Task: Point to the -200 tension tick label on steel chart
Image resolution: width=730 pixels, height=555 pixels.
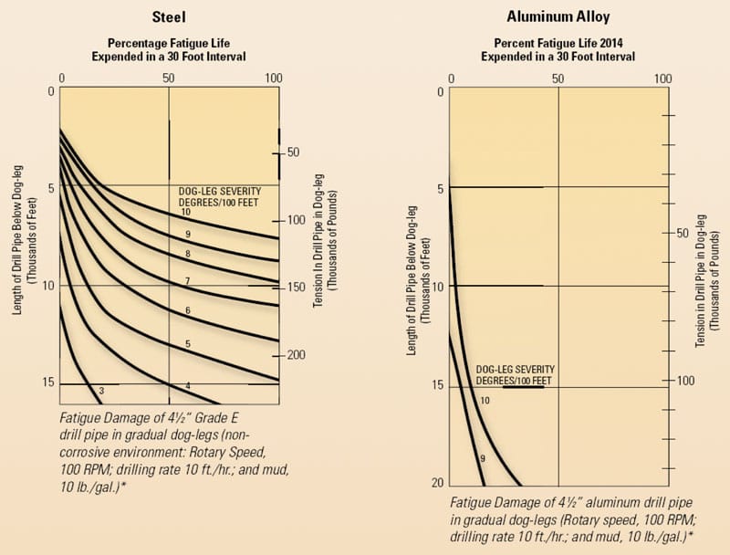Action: [296, 354]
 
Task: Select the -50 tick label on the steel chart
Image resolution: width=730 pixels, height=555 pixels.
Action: [292, 152]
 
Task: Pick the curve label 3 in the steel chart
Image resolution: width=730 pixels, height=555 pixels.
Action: [102, 390]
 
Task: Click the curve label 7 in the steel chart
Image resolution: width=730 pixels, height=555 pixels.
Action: [187, 279]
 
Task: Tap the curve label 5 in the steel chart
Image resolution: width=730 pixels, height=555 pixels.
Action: [187, 343]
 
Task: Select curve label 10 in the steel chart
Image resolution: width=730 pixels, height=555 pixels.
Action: [185, 212]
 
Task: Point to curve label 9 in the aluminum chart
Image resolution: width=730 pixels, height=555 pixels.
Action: [482, 457]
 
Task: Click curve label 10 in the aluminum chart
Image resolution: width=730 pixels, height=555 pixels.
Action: [485, 400]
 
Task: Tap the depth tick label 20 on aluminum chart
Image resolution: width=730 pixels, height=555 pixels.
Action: [437, 483]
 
